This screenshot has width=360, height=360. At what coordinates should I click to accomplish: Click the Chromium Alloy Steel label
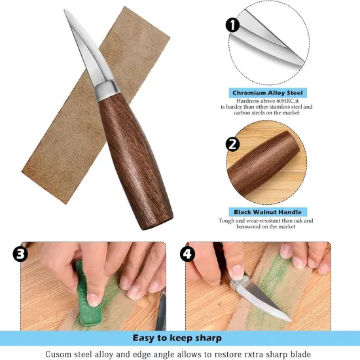click(x=268, y=94)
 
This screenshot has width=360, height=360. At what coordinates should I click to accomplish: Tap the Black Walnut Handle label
click(x=268, y=212)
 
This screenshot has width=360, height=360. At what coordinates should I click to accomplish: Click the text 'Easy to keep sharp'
click(x=177, y=338)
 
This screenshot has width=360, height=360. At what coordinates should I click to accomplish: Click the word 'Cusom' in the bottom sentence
click(x=61, y=354)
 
